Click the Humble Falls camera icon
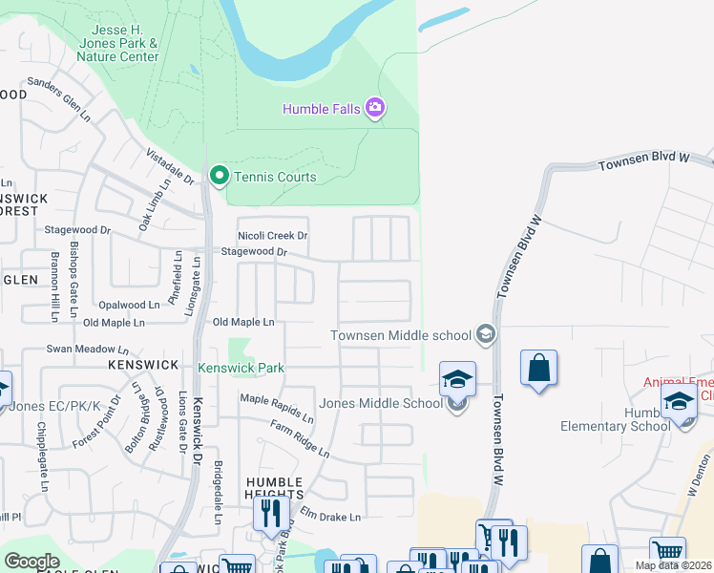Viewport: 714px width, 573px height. (375, 108)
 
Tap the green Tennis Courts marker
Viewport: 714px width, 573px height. (219, 176)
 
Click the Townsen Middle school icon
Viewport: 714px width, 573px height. (486, 334)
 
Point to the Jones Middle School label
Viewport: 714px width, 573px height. (381, 403)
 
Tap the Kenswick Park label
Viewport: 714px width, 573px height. (241, 368)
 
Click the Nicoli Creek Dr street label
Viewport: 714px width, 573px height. (273, 236)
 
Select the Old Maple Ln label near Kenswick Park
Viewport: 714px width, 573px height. (243, 323)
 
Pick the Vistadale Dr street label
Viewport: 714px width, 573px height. (170, 166)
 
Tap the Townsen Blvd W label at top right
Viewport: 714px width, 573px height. (643, 161)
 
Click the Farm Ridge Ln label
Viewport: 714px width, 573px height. (299, 437)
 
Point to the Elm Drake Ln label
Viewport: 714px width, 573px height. (330, 517)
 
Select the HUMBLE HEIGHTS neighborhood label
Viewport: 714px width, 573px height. (275, 488)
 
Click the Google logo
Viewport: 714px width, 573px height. (31, 561)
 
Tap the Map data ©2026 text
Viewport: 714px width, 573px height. (672, 565)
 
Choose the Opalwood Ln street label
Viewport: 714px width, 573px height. (129, 305)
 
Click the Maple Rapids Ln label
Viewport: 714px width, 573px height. (276, 408)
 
